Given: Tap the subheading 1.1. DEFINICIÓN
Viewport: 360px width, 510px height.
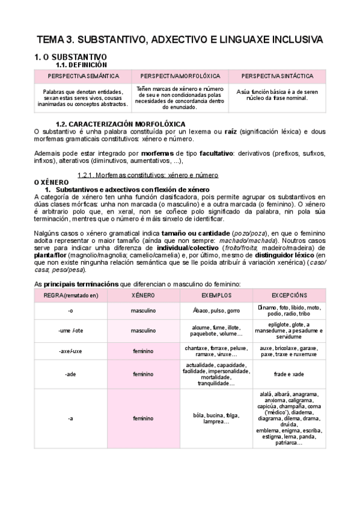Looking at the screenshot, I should (x=81, y=64).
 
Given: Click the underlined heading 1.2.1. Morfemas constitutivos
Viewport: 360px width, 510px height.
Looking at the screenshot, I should (x=147, y=175).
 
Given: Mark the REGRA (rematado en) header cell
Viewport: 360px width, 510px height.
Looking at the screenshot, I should (x=70, y=296).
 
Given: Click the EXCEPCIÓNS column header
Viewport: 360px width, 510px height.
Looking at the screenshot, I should (x=289, y=296).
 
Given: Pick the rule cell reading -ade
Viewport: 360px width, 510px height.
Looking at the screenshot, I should (x=70, y=373).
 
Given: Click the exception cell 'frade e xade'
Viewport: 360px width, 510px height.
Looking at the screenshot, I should (x=289, y=373).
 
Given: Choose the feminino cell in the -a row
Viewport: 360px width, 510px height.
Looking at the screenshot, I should (x=144, y=418).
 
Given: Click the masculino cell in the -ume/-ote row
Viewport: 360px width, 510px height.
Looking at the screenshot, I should (x=144, y=330).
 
